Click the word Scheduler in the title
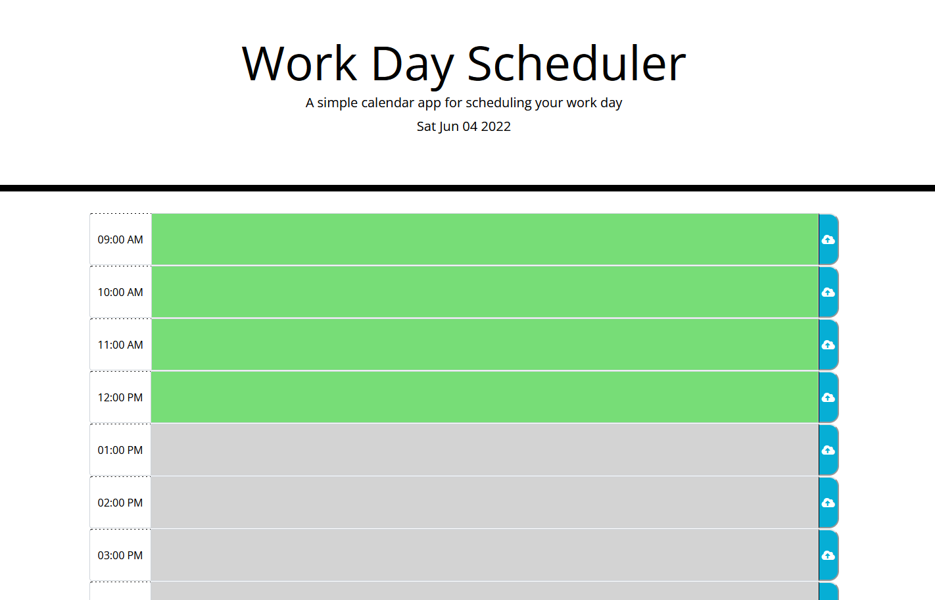click(576, 64)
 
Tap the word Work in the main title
click(299, 64)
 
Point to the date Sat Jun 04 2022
click(464, 126)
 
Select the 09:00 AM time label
click(120, 239)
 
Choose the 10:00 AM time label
click(120, 292)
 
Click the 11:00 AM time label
click(120, 345)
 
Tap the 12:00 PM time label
click(120, 397)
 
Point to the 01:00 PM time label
click(120, 450)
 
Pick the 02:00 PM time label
click(120, 503)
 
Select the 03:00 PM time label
click(120, 555)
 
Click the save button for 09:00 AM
click(828, 239)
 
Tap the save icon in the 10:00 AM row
click(828, 292)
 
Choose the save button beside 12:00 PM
click(828, 397)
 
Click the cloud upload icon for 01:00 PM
click(828, 450)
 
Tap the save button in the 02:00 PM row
click(828, 503)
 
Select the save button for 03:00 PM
click(828, 555)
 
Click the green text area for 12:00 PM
click(485, 397)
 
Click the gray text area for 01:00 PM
click(485, 450)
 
